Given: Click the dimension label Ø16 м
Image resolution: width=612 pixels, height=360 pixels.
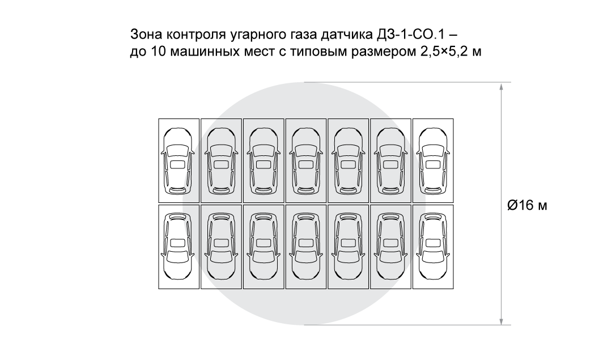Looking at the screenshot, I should pos(527,205).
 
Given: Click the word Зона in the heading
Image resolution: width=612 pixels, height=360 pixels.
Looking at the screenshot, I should pos(145,33).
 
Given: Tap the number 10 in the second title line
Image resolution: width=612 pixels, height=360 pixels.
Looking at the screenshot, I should pos(158,52).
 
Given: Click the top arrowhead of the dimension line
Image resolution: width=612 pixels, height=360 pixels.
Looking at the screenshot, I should pos(501,87).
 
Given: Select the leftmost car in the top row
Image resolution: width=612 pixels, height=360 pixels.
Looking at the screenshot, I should pos(178,160).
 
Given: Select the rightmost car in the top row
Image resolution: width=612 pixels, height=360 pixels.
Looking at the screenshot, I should pos(433,160).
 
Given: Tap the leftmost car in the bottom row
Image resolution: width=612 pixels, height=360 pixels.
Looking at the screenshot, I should pos(178,247).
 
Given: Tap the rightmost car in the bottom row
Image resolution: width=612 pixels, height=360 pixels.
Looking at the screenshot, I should pos(433,247).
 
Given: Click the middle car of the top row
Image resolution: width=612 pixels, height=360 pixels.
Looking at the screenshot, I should pos(305,160).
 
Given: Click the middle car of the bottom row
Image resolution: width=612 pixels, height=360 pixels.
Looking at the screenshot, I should pos(305,247).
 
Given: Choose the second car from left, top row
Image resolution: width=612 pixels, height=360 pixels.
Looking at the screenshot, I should pos(221,160).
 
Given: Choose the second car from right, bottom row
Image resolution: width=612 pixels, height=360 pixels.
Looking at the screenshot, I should pos(390,247).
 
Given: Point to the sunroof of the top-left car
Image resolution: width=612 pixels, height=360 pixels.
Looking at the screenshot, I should pos(178,164).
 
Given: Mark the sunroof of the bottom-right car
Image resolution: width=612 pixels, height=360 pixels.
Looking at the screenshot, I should pos(433,243).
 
